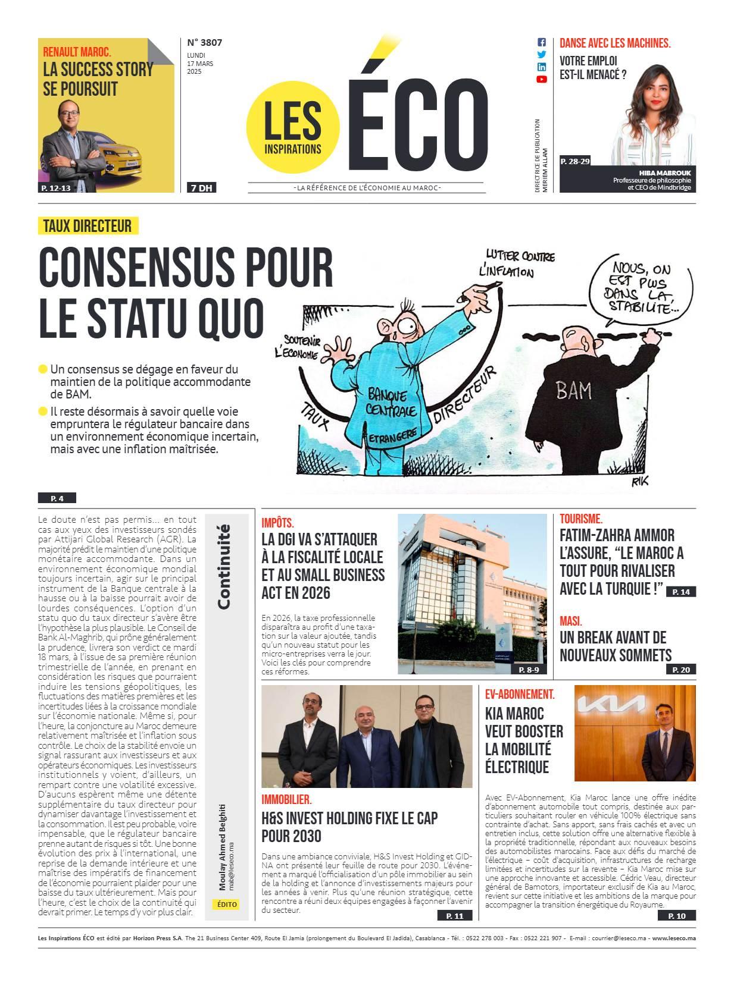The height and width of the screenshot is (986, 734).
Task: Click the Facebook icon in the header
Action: click(x=542, y=42)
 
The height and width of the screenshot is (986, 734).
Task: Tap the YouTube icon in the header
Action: click(x=542, y=79)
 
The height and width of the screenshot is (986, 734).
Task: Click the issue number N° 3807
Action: click(x=204, y=42)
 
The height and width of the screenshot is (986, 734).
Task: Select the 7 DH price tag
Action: click(x=201, y=188)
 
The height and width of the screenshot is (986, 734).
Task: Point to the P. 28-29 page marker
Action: click(x=574, y=161)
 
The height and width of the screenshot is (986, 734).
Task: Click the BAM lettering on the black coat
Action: click(x=573, y=391)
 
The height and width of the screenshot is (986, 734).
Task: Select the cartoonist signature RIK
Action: click(x=639, y=482)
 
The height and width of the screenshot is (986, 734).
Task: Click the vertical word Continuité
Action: click(x=224, y=566)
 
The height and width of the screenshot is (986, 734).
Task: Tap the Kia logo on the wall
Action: click(x=613, y=705)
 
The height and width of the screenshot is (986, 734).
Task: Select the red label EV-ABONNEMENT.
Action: click(x=520, y=694)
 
